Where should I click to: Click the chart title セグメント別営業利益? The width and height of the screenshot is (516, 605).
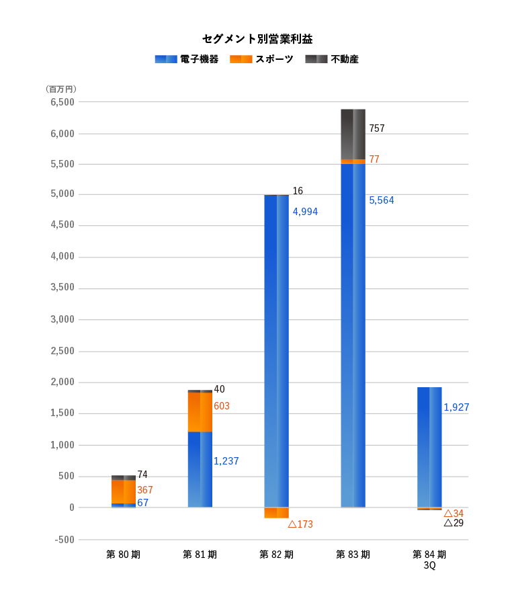click(257, 39)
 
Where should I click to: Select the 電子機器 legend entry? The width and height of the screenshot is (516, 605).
click(186, 59)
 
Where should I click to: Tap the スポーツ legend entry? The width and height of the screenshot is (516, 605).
click(261, 59)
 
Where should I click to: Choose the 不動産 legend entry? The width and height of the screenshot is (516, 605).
click(332, 59)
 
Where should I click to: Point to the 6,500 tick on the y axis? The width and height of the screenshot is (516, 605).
click(62, 102)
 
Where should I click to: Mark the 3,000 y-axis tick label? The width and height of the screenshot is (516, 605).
click(62, 320)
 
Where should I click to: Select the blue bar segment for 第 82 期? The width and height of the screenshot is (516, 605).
click(276, 350)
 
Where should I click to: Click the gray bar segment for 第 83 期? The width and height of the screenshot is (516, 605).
click(353, 134)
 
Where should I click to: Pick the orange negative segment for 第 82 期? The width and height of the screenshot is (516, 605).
click(276, 513)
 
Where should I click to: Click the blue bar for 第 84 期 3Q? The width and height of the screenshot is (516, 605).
click(429, 447)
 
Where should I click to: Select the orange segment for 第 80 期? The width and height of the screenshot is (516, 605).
click(124, 491)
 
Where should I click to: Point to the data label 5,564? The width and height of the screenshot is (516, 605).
click(381, 200)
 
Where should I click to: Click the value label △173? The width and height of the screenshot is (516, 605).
click(300, 524)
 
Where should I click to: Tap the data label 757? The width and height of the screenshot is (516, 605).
click(377, 128)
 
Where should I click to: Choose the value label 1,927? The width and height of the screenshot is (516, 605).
click(456, 407)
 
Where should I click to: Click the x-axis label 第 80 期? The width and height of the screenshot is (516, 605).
click(123, 555)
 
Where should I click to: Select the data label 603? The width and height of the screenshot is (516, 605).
click(221, 406)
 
